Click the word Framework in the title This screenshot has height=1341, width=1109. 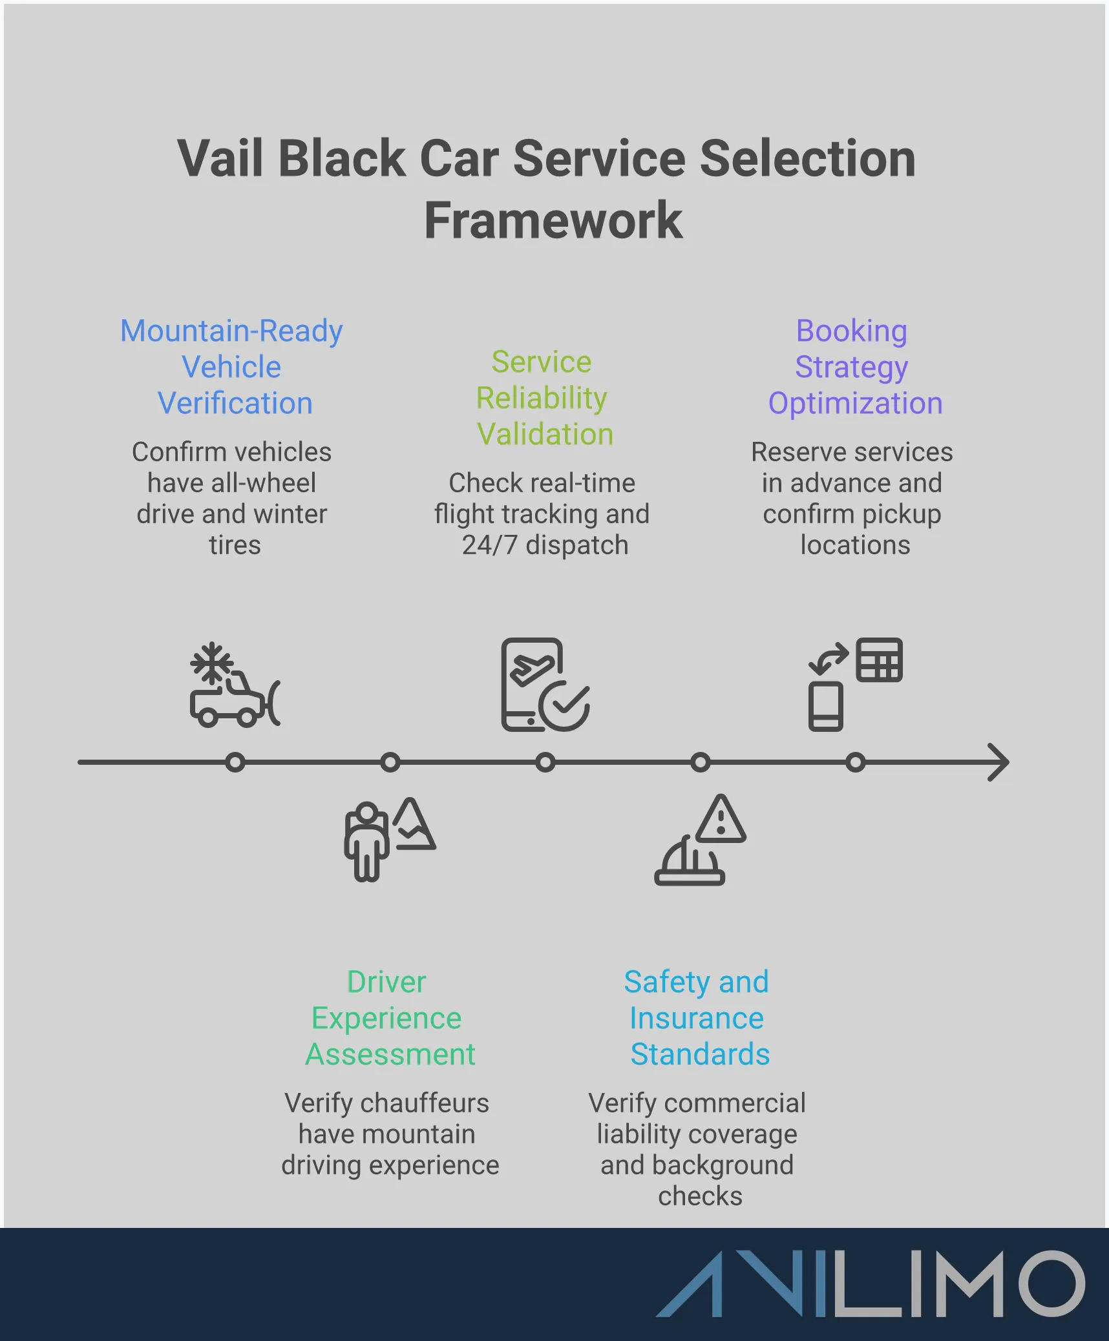click(x=553, y=221)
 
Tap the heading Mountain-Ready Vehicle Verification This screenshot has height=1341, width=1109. click(x=232, y=367)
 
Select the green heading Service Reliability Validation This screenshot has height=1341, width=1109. click(x=542, y=398)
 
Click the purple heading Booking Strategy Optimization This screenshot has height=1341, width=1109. click(x=853, y=367)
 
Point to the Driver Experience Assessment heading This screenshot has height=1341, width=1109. click(x=388, y=1017)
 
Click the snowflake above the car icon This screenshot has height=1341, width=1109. click(x=211, y=662)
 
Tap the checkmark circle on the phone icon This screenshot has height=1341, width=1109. click(x=564, y=706)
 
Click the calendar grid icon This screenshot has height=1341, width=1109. click(x=879, y=660)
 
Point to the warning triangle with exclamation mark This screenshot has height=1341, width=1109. click(x=721, y=821)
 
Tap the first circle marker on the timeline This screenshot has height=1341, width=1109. click(x=235, y=763)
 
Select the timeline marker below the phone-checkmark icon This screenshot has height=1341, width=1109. click(x=545, y=763)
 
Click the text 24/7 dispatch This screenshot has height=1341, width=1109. click(x=544, y=545)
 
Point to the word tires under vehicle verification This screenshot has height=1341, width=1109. click(x=235, y=545)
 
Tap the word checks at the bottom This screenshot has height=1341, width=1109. click(x=700, y=1196)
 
